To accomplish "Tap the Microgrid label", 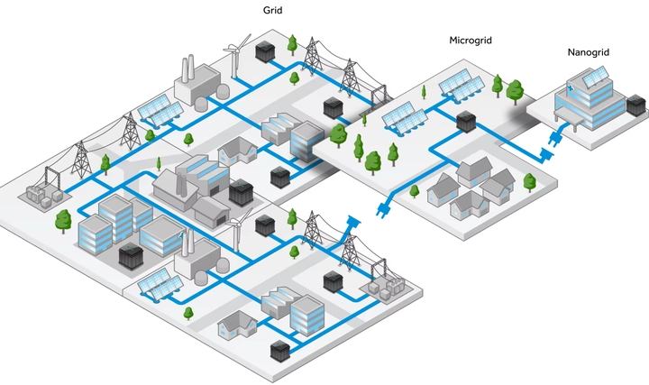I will pyautogui.click(x=470, y=41).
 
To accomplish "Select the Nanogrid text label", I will pyautogui.click(x=588, y=52).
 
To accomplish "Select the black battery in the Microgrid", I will pyautogui.click(x=465, y=121).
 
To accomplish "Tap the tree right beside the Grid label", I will pyautogui.click(x=292, y=42).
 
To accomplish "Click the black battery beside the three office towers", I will pyautogui.click(x=131, y=256).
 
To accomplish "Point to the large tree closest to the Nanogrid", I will pyautogui.click(x=515, y=89).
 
